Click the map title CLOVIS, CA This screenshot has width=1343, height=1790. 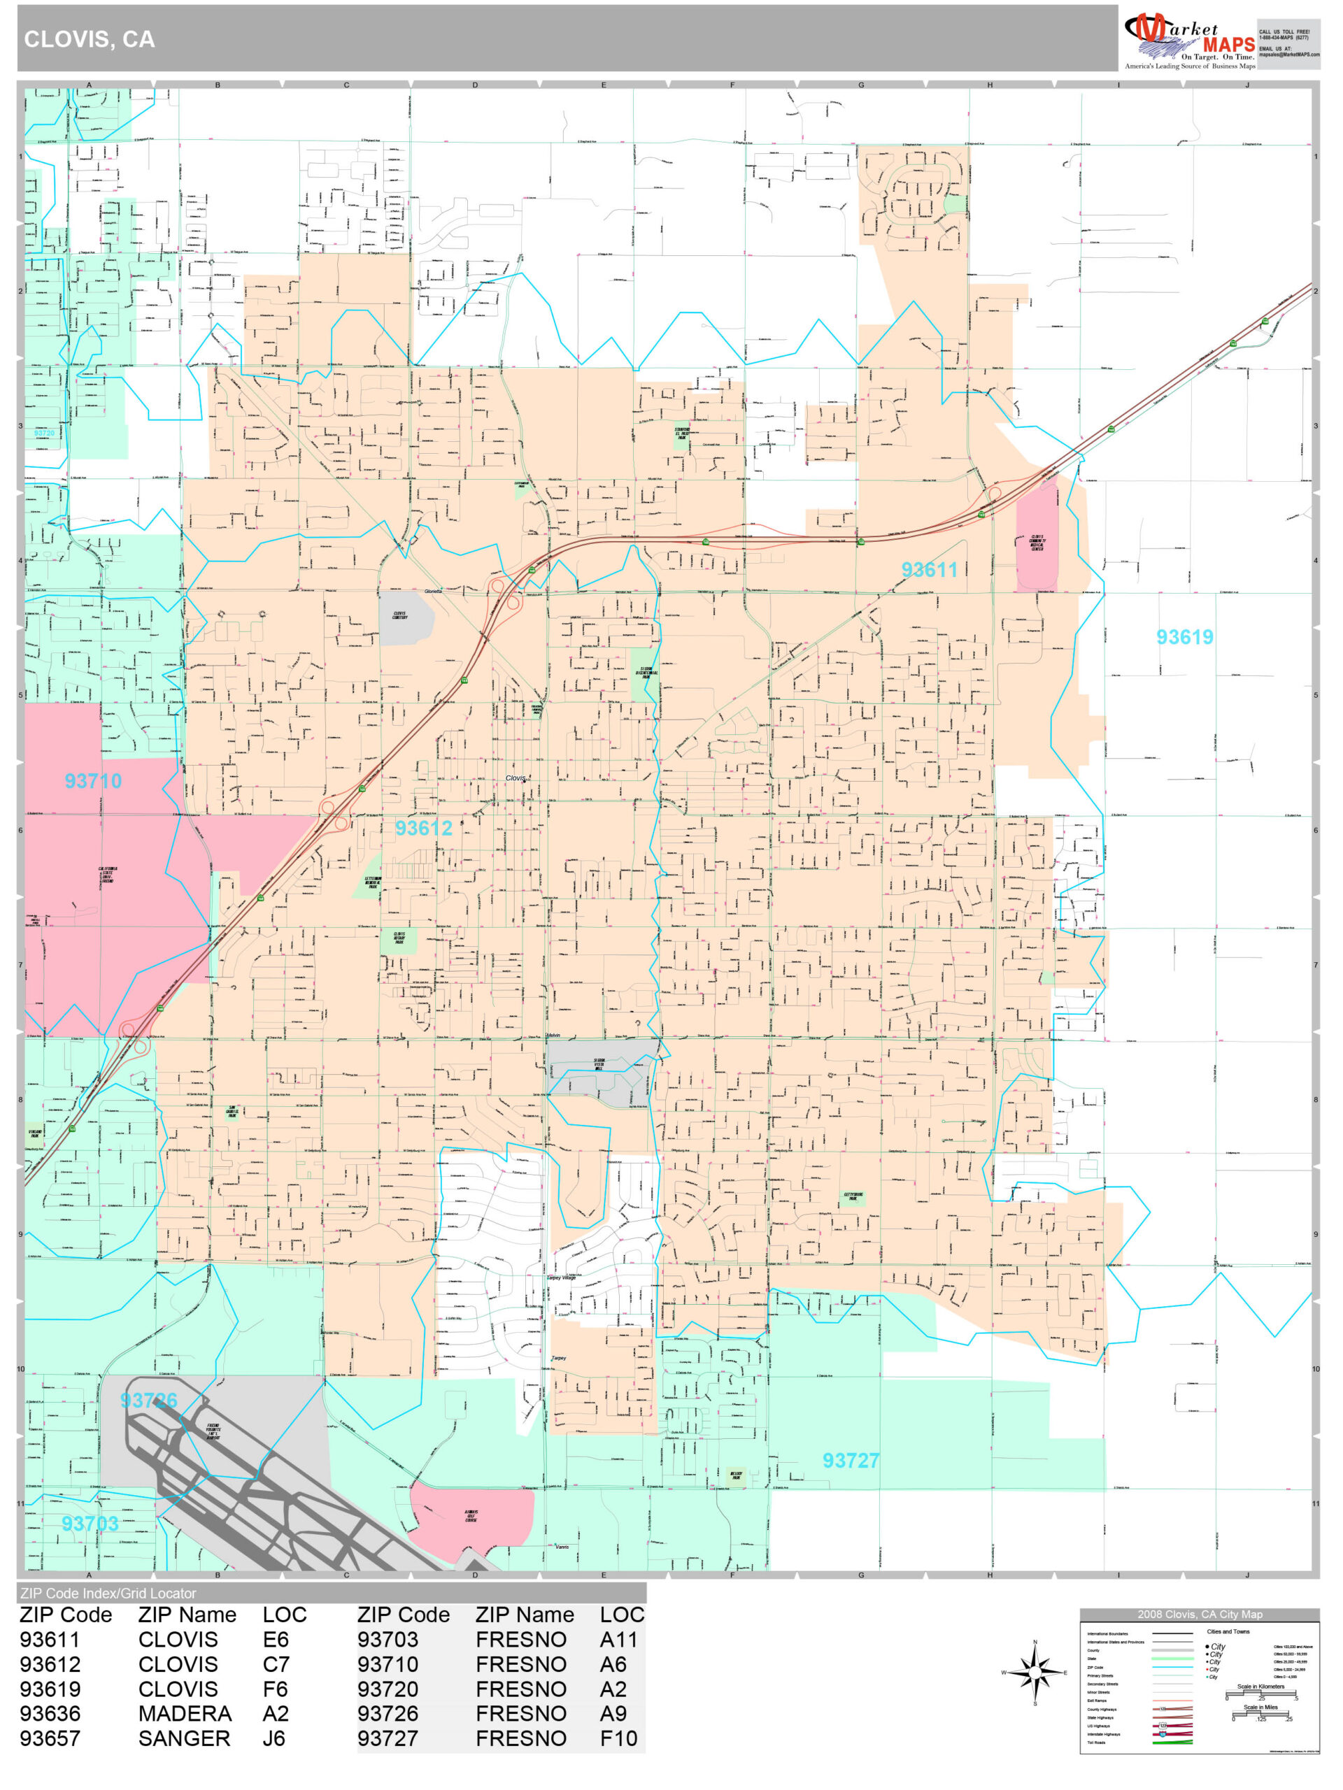point(89,39)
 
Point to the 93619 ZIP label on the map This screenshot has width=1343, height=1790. point(1184,637)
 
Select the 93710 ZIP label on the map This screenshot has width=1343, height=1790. point(93,781)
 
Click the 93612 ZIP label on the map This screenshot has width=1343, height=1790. point(423,828)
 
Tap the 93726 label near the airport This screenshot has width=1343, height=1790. point(148,1401)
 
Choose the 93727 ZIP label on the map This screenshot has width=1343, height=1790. point(850,1461)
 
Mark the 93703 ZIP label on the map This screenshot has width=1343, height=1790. point(90,1524)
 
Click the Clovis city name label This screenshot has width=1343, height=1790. point(516,778)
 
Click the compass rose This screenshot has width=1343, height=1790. point(1035,1673)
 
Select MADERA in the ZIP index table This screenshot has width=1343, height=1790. point(185,1713)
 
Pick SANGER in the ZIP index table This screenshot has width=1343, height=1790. point(184,1738)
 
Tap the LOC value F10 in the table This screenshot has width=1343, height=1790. point(618,1738)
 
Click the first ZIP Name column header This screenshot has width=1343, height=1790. point(187,1614)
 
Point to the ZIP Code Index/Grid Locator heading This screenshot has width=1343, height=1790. point(108,1594)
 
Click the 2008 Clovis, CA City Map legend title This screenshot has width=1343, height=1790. point(1198,1614)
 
